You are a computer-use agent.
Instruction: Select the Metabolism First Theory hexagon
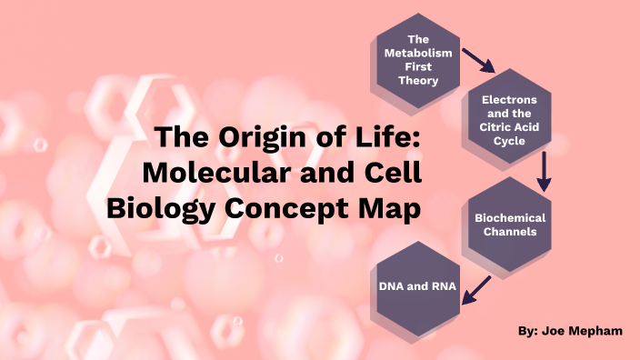pyautogui.click(x=417, y=60)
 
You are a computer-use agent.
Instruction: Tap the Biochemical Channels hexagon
pyautogui.click(x=509, y=224)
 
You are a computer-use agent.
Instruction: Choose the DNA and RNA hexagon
pyautogui.click(x=417, y=287)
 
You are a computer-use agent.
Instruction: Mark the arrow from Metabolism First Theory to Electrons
pyautogui.click(x=476, y=60)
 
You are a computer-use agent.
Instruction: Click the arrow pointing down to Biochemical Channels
pyautogui.click(x=544, y=171)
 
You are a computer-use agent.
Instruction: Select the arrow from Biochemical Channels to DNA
pyautogui.click(x=478, y=288)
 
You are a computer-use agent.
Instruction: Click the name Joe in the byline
pyautogui.click(x=556, y=331)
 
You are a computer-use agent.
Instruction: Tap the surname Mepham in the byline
pyautogui.click(x=598, y=331)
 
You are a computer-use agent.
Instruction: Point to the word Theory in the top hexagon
pyautogui.click(x=417, y=81)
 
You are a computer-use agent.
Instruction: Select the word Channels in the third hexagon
pyautogui.click(x=509, y=232)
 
